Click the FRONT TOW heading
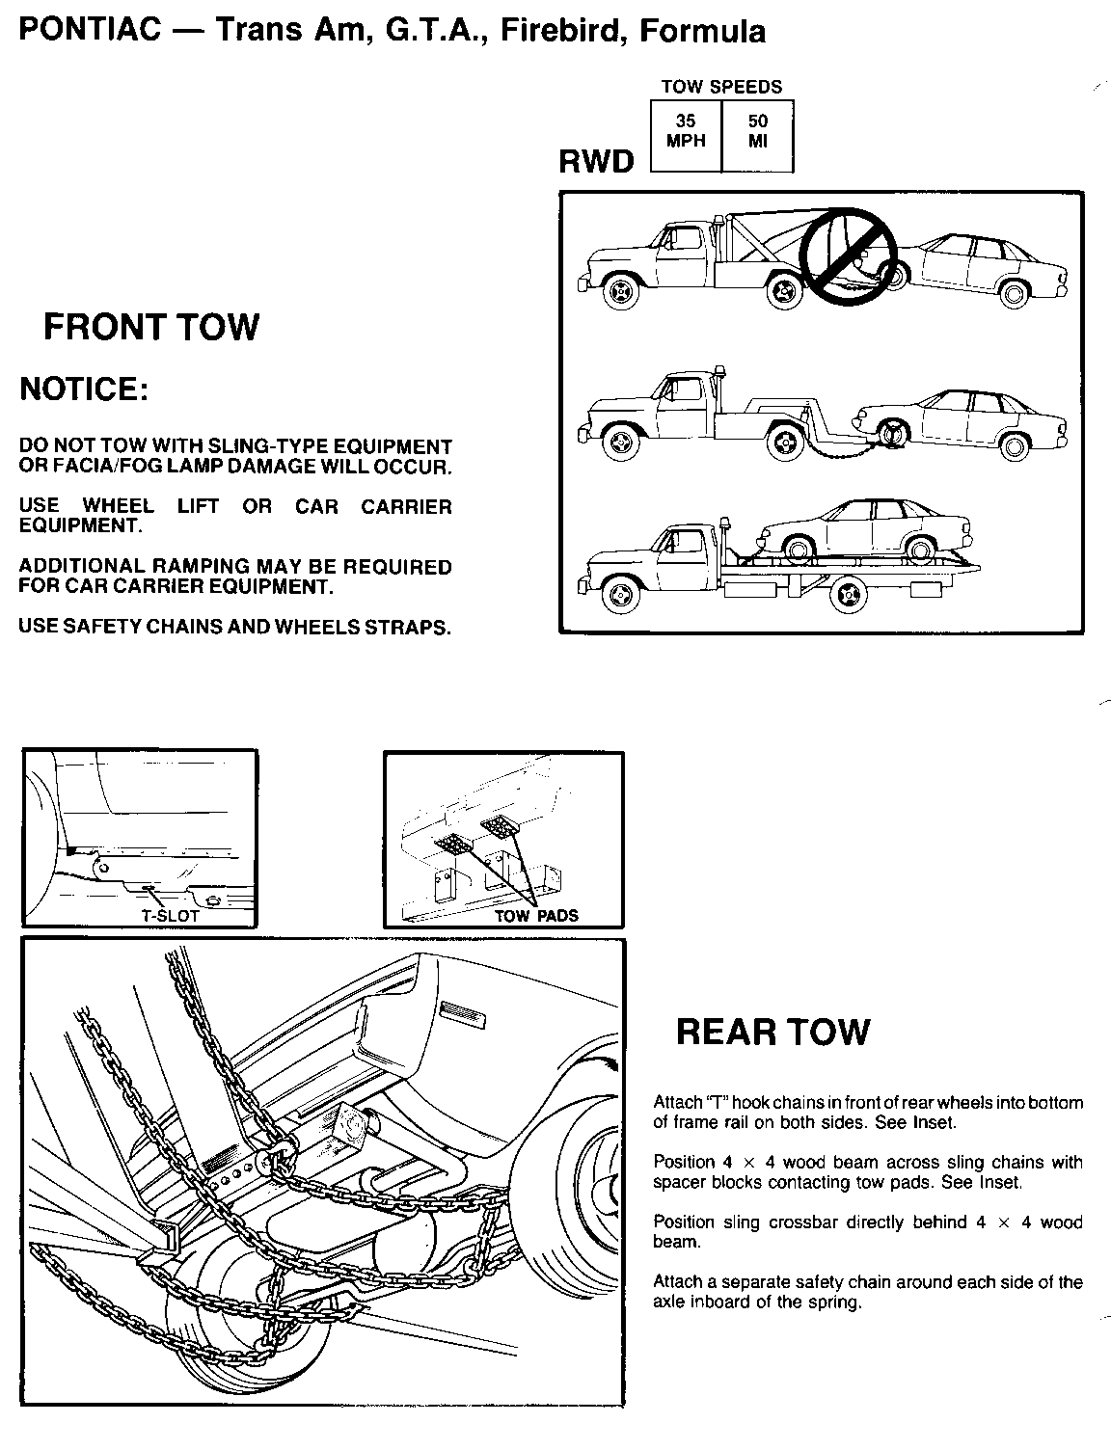[151, 327]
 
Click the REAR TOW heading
[772, 1032]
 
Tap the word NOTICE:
[85, 389]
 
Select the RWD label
[596, 161]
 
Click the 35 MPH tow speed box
[686, 131]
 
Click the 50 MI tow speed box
[758, 131]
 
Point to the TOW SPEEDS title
[721, 87]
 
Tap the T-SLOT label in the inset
[170, 916]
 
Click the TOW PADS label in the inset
[536, 916]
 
